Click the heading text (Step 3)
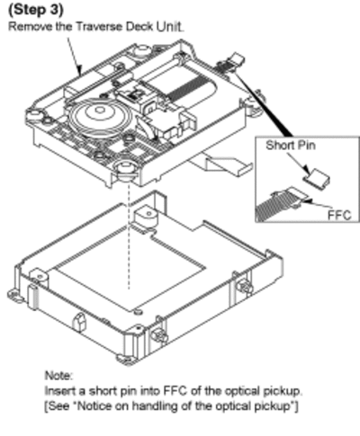(x=36, y=10)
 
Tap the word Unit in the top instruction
(x=169, y=26)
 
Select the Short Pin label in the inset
(x=291, y=146)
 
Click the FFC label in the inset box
(x=339, y=215)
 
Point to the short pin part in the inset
(x=316, y=177)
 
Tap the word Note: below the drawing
(x=58, y=375)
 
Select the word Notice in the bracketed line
(x=98, y=406)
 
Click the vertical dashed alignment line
(x=130, y=236)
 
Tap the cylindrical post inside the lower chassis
(x=147, y=218)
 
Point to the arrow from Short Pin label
(x=298, y=164)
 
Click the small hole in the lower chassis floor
(x=139, y=312)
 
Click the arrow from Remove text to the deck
(x=74, y=57)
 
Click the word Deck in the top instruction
(x=139, y=26)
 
